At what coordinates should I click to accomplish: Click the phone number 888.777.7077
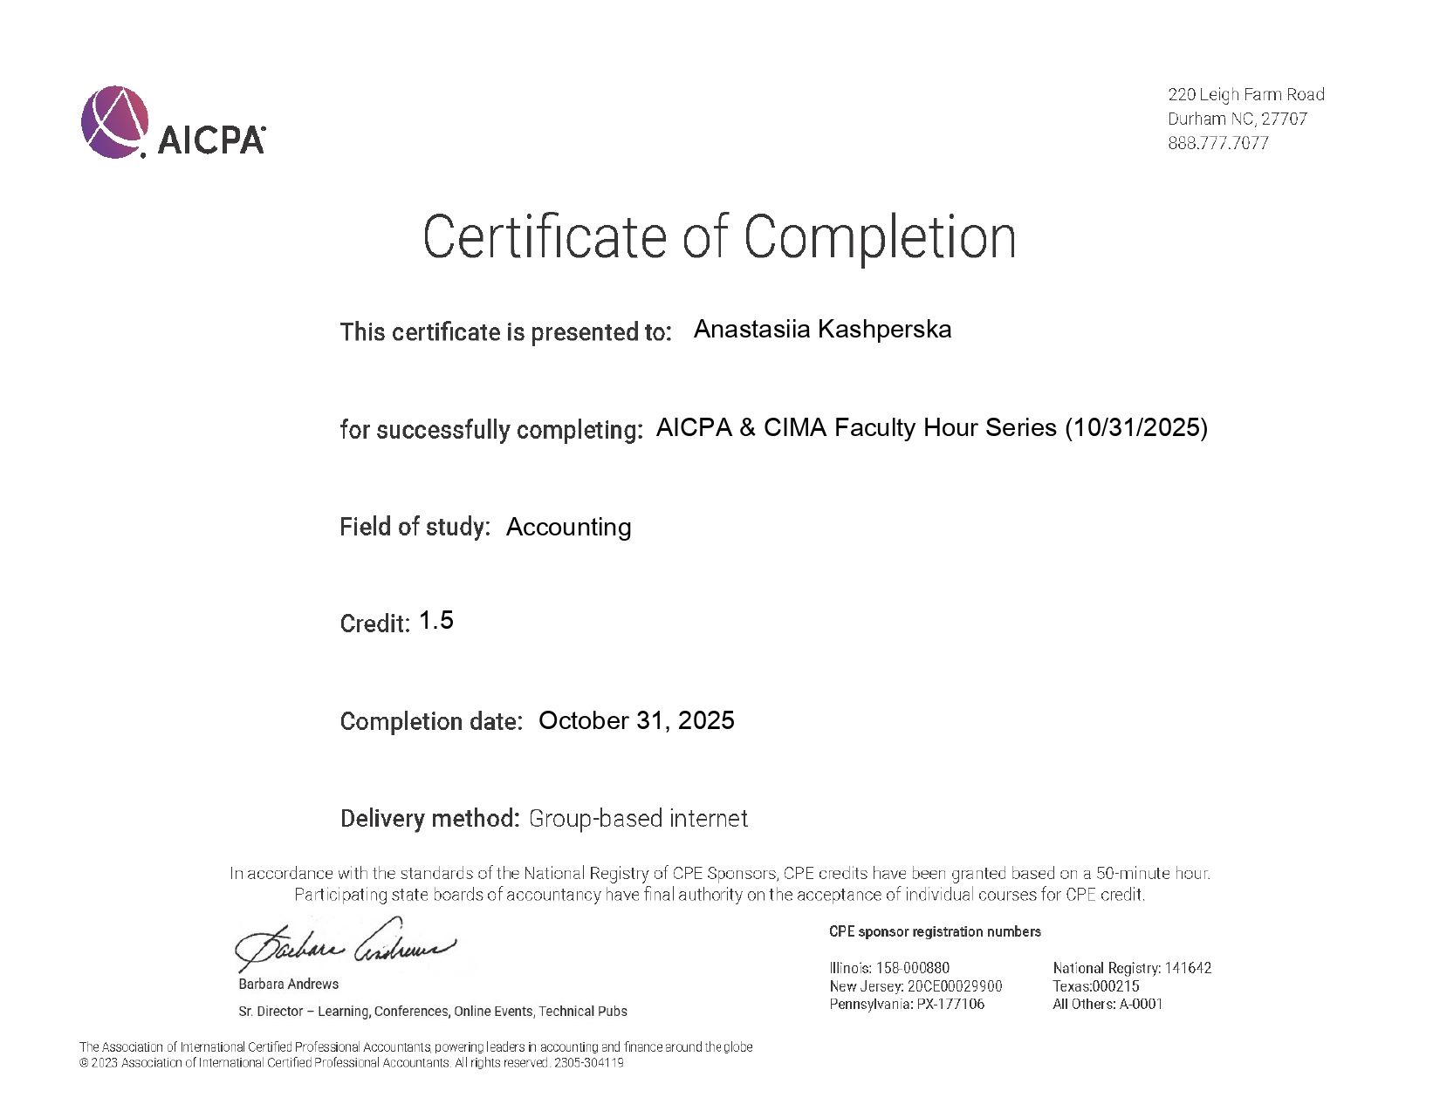click(1217, 143)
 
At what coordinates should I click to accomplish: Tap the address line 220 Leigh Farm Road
click(1245, 94)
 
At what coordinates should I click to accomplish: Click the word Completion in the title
click(880, 236)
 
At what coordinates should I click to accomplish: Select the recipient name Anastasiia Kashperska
click(821, 330)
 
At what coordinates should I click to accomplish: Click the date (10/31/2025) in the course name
click(1136, 427)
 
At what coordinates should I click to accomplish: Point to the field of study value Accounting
click(568, 527)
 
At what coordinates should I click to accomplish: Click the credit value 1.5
click(435, 620)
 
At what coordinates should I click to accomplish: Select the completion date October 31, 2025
click(636, 720)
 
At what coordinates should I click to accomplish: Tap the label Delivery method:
click(429, 818)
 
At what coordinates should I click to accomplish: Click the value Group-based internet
click(638, 818)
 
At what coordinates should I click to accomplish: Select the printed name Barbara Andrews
click(288, 984)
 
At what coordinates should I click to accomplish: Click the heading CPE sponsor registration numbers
click(934, 931)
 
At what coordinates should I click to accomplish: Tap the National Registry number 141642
click(1188, 968)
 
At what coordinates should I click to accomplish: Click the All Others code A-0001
click(1141, 1004)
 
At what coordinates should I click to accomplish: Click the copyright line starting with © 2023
click(351, 1063)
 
